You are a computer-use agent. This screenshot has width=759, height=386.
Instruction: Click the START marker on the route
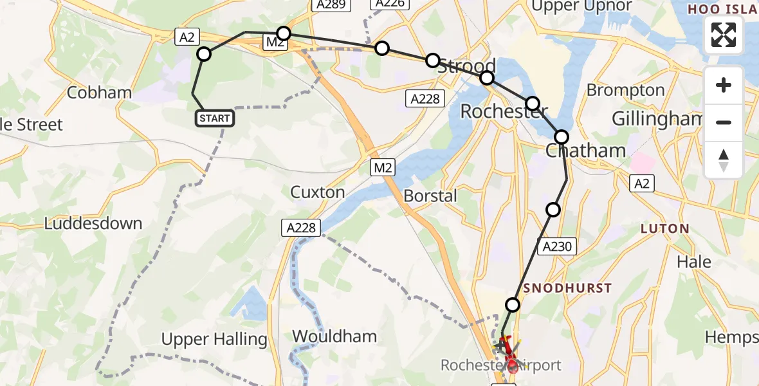point(214,118)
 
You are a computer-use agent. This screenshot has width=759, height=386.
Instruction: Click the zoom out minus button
point(724,122)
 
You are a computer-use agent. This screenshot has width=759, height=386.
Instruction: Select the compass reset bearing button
point(724,160)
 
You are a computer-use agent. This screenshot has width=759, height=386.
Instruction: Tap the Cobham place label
point(99,93)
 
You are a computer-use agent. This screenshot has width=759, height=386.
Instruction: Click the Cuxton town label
point(318,192)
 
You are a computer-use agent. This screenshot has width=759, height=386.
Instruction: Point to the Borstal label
point(430,196)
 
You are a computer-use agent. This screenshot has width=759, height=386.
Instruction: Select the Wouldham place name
point(334,336)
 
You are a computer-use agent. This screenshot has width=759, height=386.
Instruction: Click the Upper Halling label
point(214,339)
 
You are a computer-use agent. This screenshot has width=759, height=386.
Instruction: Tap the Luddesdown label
point(93,224)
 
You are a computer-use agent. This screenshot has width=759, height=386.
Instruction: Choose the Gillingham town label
point(656,119)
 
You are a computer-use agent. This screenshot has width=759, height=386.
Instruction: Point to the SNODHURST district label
point(567,288)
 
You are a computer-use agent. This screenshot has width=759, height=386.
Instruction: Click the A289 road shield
point(331,5)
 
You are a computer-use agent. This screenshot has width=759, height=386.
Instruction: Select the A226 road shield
point(390,4)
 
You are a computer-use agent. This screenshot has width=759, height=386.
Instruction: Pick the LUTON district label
point(664,228)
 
